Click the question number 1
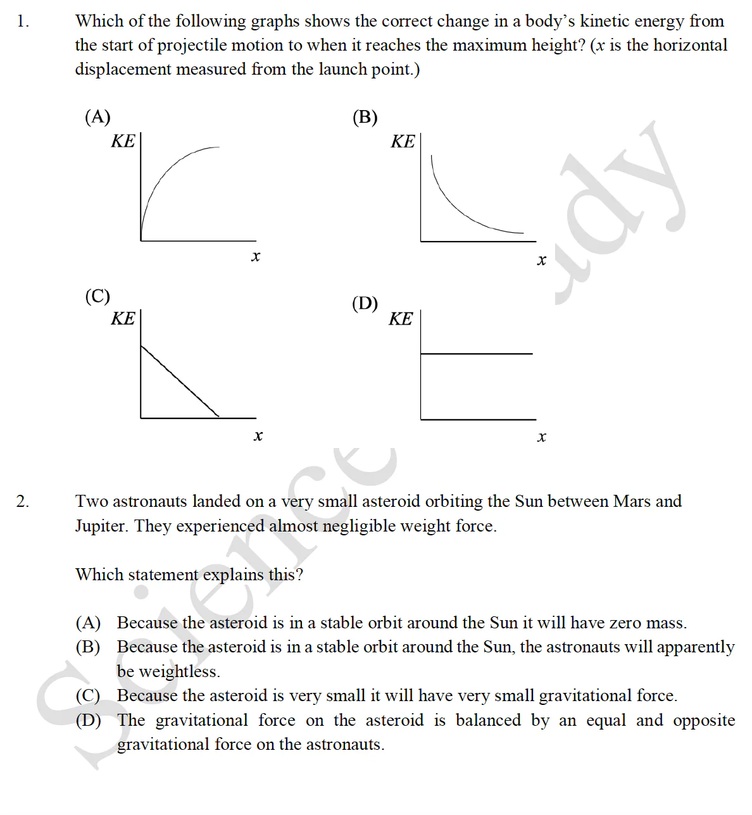(x=22, y=22)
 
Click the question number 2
(x=22, y=502)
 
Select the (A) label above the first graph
(x=97, y=117)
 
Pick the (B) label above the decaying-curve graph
(x=365, y=118)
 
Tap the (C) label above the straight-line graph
(x=97, y=296)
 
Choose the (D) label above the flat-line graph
(x=365, y=304)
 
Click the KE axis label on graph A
(x=123, y=141)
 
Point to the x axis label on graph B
(x=541, y=260)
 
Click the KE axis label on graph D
(x=401, y=319)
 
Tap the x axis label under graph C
(x=258, y=436)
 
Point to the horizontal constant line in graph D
(x=476, y=354)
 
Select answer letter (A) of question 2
(x=88, y=623)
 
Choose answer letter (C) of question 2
(x=88, y=696)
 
